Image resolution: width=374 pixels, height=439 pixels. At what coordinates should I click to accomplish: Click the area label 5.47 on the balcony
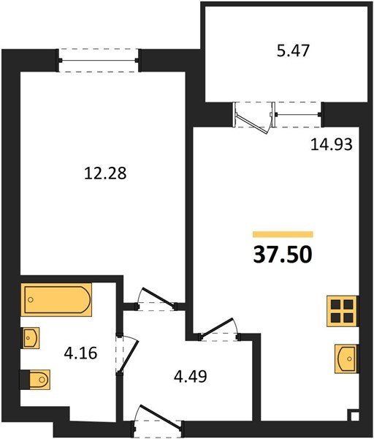click(x=284, y=53)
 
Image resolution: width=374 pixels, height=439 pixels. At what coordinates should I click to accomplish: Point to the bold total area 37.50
click(x=282, y=255)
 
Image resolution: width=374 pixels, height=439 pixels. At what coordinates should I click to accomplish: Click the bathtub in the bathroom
click(x=56, y=300)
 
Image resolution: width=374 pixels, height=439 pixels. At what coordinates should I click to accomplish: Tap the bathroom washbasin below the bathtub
click(x=31, y=337)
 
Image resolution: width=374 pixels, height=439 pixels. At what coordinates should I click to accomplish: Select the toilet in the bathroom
click(x=35, y=378)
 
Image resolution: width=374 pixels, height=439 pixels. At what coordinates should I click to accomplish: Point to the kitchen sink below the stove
click(x=346, y=359)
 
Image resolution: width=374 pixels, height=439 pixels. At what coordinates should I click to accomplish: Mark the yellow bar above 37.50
click(x=283, y=234)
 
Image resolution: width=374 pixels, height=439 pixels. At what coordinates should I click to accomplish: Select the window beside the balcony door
click(x=297, y=113)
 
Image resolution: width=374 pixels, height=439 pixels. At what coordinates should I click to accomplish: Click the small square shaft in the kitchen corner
click(x=354, y=417)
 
